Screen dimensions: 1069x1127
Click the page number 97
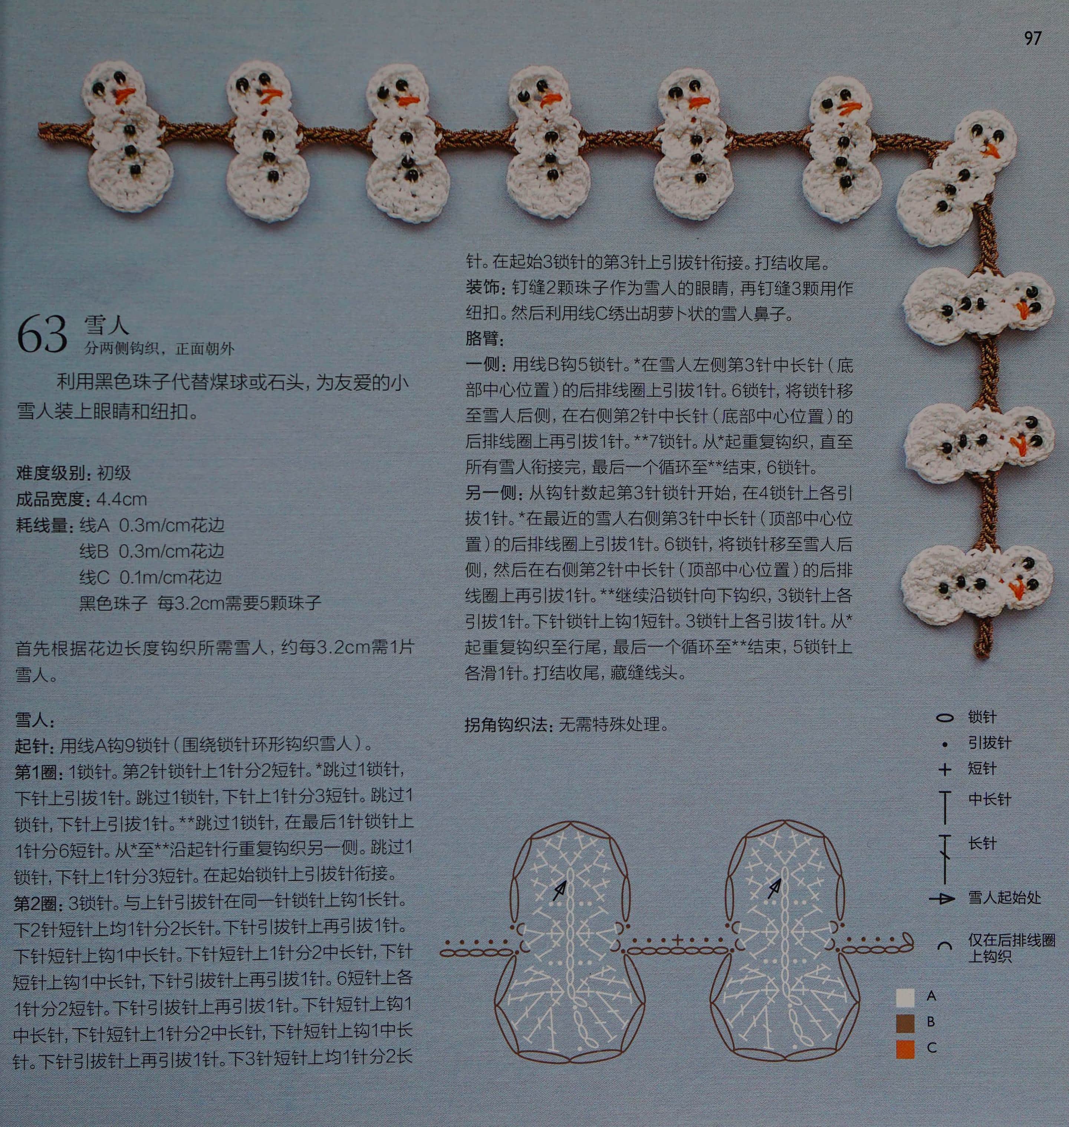[1033, 38]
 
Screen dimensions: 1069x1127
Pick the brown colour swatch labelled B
[905, 1023]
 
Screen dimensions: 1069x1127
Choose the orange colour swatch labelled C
[905, 1049]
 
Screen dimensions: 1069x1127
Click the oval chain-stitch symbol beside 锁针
[945, 718]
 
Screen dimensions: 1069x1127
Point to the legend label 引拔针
[989, 742]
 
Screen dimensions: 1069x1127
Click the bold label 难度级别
[52, 473]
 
